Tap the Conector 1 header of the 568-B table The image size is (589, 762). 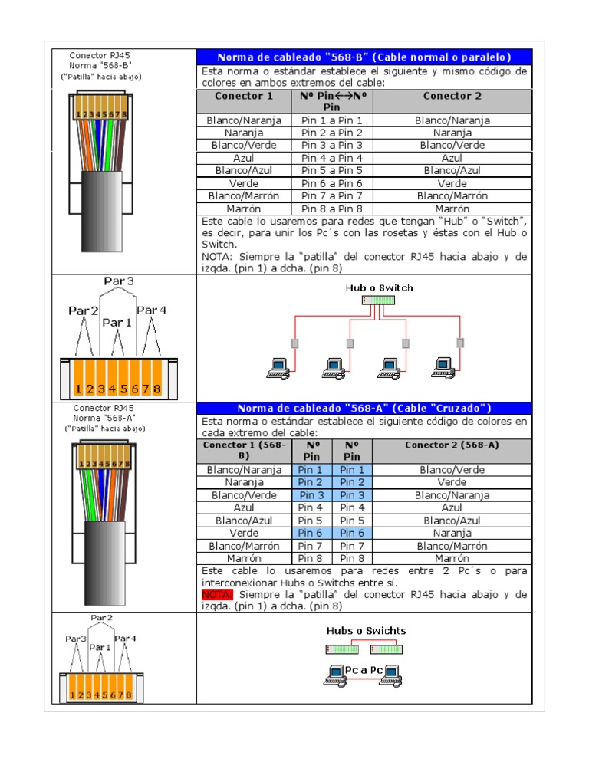click(x=244, y=97)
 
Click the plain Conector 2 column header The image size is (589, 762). click(x=452, y=97)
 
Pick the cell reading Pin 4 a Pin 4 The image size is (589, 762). click(x=332, y=158)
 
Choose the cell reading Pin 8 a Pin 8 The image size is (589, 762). click(x=332, y=209)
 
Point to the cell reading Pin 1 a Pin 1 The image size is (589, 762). click(x=332, y=120)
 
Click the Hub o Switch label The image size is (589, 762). click(x=379, y=288)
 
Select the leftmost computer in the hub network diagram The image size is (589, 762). click(x=277, y=368)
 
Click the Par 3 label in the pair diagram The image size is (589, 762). click(x=118, y=281)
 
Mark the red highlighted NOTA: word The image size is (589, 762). click(x=217, y=594)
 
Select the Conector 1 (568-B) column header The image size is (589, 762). click(x=244, y=450)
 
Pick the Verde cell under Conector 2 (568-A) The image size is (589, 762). click(x=452, y=482)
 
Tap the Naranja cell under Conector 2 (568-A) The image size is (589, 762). click(x=452, y=533)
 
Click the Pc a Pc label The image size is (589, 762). click(x=363, y=670)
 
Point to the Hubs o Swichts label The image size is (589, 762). click(x=366, y=631)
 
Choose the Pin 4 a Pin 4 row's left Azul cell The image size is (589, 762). click(x=244, y=158)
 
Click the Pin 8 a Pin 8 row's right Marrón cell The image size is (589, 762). click(x=452, y=209)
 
